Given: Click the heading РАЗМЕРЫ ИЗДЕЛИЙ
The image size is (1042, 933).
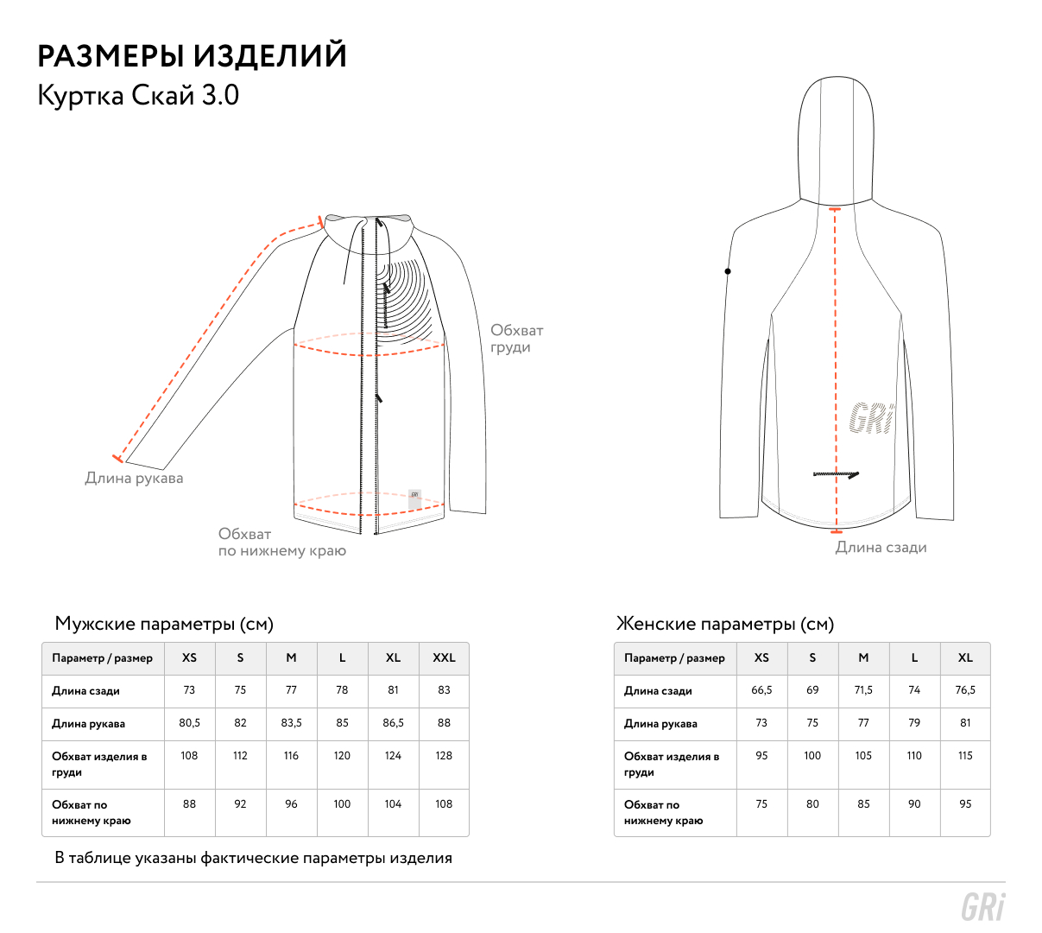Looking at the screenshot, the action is (x=192, y=56).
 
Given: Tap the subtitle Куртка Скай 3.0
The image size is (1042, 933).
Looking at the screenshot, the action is (x=138, y=95).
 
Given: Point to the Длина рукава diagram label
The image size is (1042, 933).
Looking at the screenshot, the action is (x=134, y=478).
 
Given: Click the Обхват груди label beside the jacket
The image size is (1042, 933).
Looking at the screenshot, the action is (x=516, y=339).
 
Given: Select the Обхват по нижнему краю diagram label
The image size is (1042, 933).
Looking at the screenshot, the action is (x=281, y=543).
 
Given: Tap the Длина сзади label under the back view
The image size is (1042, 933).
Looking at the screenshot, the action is (x=881, y=547).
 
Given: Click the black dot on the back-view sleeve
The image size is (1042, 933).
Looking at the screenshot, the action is (x=728, y=271).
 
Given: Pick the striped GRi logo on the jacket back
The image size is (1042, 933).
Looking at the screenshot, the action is (x=872, y=418).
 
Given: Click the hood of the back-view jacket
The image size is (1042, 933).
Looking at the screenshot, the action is (x=835, y=138).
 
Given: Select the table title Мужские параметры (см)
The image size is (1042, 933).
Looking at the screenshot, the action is (x=164, y=624).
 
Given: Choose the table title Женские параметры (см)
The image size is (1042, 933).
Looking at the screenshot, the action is (x=725, y=624).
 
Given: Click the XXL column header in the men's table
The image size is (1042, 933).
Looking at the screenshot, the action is (x=444, y=657).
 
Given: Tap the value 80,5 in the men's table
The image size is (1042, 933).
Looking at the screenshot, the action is (x=189, y=722).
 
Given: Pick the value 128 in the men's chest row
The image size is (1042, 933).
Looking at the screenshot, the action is (x=444, y=755).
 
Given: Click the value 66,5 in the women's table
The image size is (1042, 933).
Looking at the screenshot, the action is (x=761, y=689).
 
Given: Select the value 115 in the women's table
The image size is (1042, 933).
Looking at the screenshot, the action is (x=965, y=755).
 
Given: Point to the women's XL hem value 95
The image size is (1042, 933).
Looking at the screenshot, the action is (x=965, y=803).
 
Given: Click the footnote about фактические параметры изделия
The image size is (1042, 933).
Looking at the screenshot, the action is (x=253, y=858).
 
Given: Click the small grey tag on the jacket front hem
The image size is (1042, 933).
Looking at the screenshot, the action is (x=414, y=497).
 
